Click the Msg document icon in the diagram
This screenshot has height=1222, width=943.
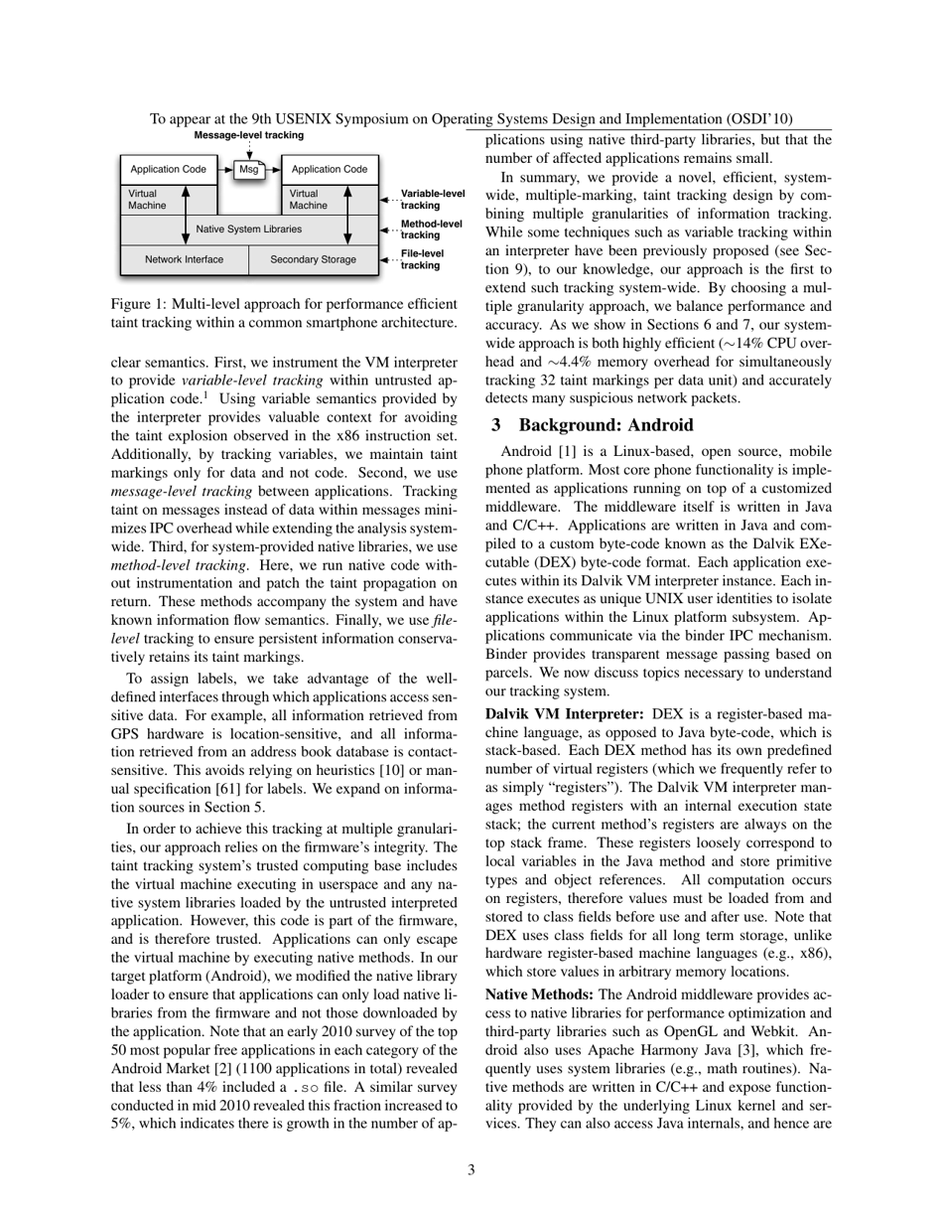pyautogui.click(x=249, y=170)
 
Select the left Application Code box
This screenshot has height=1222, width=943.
pyautogui.click(x=169, y=170)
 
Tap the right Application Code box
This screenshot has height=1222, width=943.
pyautogui.click(x=330, y=170)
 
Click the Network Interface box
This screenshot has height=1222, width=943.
pyautogui.click(x=184, y=260)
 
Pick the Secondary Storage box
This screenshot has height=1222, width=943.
pyautogui.click(x=313, y=260)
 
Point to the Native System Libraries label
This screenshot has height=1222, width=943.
pyautogui.click(x=249, y=229)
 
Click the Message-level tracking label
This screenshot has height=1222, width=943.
pyautogui.click(x=249, y=135)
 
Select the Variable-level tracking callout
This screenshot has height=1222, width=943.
pyautogui.click(x=432, y=199)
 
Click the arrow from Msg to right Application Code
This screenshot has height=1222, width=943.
pyautogui.click(x=274, y=170)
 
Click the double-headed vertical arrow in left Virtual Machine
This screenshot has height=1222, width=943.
pyautogui.click(x=186, y=215)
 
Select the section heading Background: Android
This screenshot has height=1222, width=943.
pyautogui.click(x=593, y=425)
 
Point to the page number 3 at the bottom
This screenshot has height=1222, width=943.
pyautogui.click(x=471, y=1169)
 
